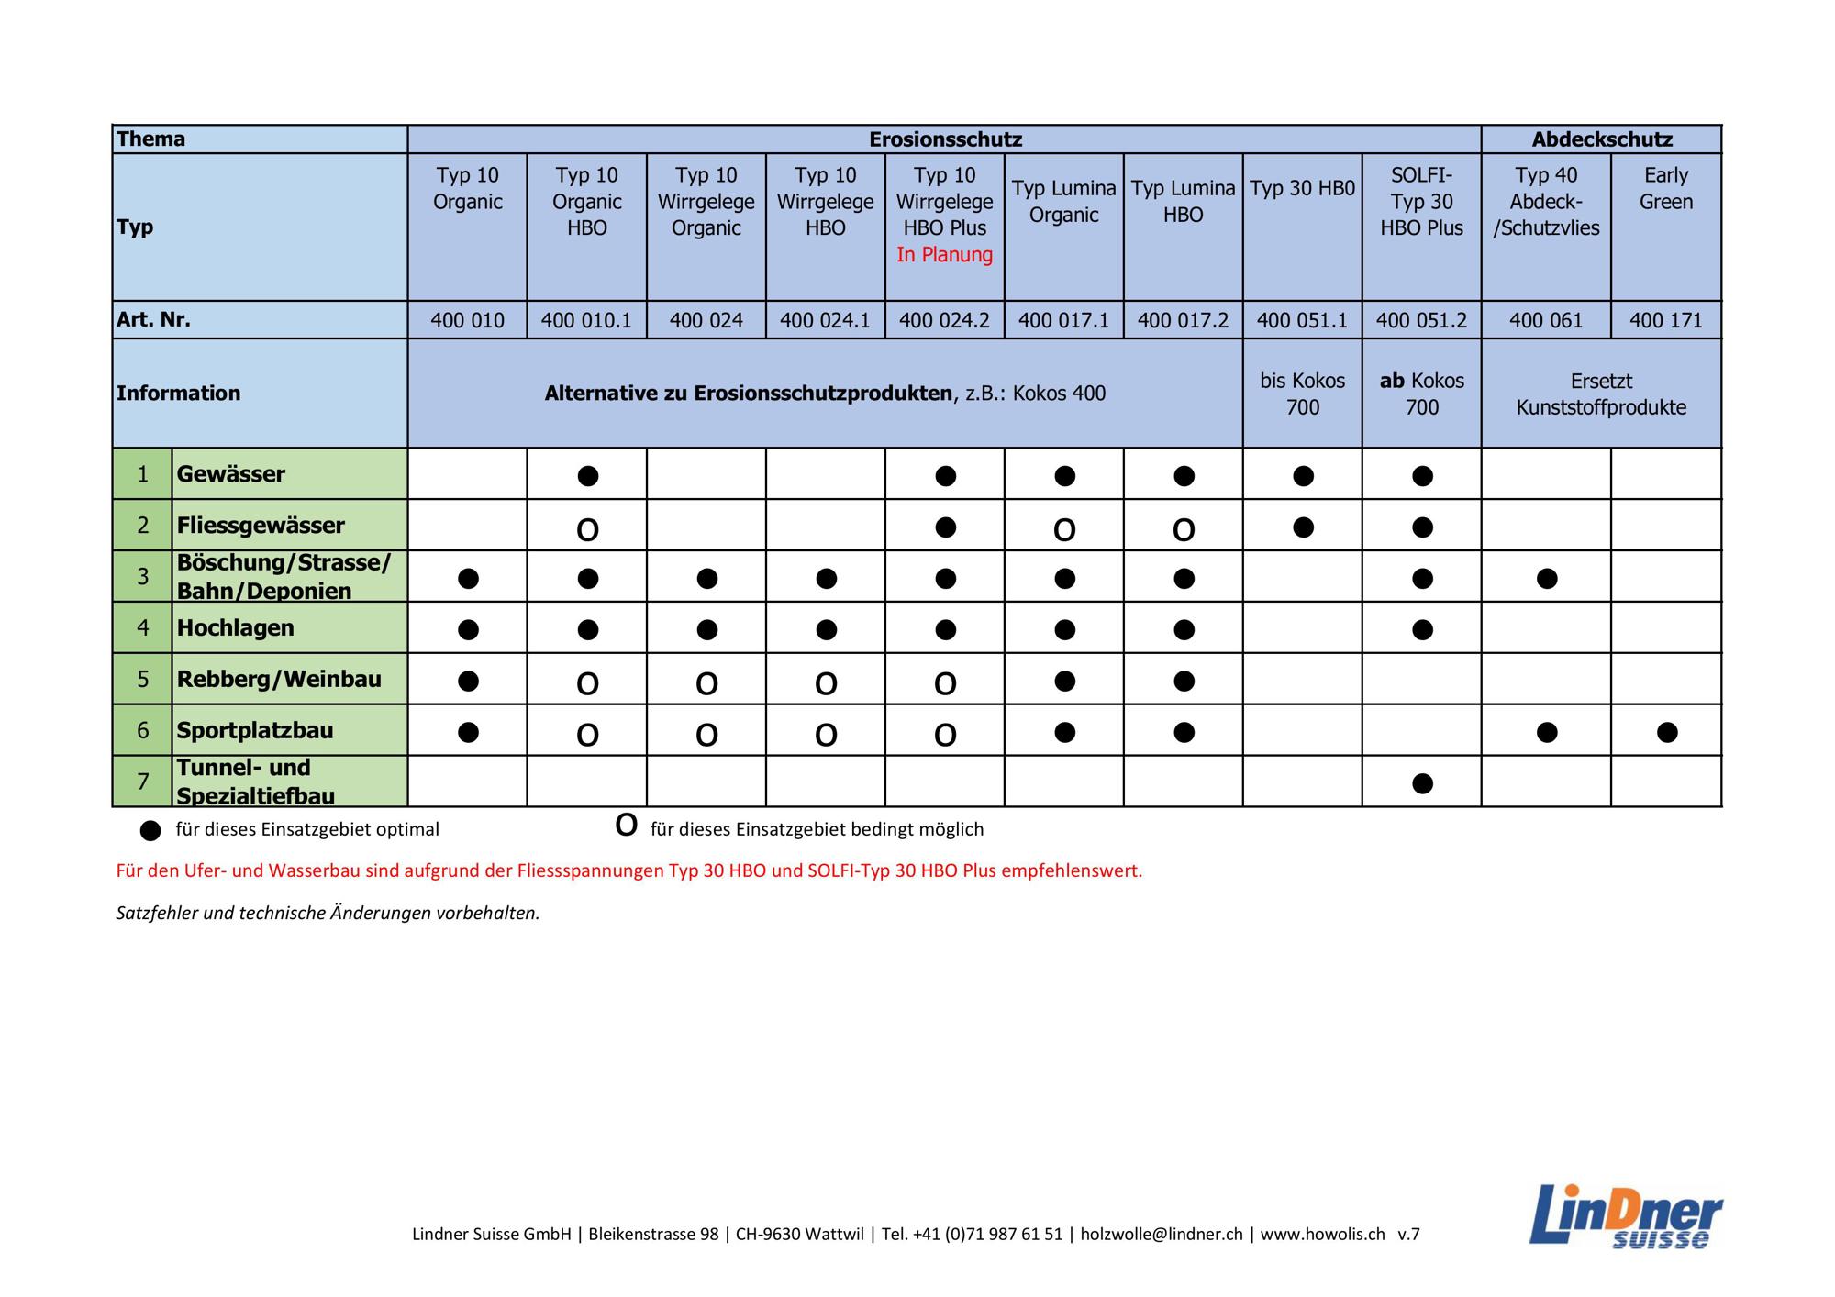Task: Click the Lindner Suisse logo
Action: [1625, 1215]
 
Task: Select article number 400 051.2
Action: [1421, 320]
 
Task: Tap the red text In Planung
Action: [944, 255]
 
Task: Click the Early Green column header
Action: [1665, 188]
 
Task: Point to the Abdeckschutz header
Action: [1601, 139]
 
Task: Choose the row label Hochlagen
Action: [236, 628]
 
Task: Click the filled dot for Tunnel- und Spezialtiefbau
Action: [1422, 783]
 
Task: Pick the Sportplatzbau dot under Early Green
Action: [1667, 732]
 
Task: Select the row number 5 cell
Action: [142, 680]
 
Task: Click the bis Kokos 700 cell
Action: [1302, 394]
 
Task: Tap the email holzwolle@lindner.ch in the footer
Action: [1161, 1235]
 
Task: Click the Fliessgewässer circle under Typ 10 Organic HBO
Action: [587, 529]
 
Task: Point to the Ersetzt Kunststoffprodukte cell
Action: [1601, 394]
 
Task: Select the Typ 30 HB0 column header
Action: [1302, 189]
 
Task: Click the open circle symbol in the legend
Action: [626, 826]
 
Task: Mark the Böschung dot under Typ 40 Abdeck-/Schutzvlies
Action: [1547, 578]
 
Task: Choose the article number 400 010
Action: [467, 320]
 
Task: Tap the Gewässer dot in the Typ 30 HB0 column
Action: [1303, 475]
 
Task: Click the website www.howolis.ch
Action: [1322, 1235]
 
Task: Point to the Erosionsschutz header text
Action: [945, 139]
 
